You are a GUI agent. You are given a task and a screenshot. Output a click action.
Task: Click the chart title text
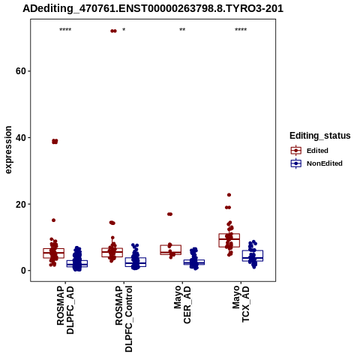(153, 8)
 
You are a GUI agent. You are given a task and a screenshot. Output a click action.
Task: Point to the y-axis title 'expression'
(8, 150)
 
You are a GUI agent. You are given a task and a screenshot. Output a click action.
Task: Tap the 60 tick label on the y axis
(21, 71)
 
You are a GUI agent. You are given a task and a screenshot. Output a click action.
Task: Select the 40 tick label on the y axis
(21, 137)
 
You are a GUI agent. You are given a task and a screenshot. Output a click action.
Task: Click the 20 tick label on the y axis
(21, 204)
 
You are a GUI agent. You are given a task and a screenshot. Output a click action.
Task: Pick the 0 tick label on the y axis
(23, 271)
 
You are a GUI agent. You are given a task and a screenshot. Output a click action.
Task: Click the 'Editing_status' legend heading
(320, 136)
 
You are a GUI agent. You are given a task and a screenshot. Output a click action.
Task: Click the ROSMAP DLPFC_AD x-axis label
(65, 310)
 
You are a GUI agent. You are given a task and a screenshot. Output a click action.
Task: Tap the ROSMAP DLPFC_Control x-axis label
(124, 319)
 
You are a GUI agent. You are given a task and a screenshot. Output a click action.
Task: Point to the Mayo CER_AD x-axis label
(182, 304)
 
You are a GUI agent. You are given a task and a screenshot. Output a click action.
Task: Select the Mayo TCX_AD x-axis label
(241, 304)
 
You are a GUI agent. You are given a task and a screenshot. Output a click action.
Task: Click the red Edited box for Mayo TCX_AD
(229, 240)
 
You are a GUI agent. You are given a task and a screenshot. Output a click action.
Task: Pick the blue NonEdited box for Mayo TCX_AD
(253, 256)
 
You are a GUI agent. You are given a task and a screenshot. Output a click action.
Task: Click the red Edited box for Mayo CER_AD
(171, 250)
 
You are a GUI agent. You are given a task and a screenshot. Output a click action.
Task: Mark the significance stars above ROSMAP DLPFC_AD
(65, 30)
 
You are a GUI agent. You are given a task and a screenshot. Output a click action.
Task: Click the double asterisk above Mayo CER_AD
(182, 30)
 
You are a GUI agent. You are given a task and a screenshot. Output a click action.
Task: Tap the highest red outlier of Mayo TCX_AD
(229, 195)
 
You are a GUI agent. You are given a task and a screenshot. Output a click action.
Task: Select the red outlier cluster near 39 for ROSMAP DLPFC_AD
(55, 142)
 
